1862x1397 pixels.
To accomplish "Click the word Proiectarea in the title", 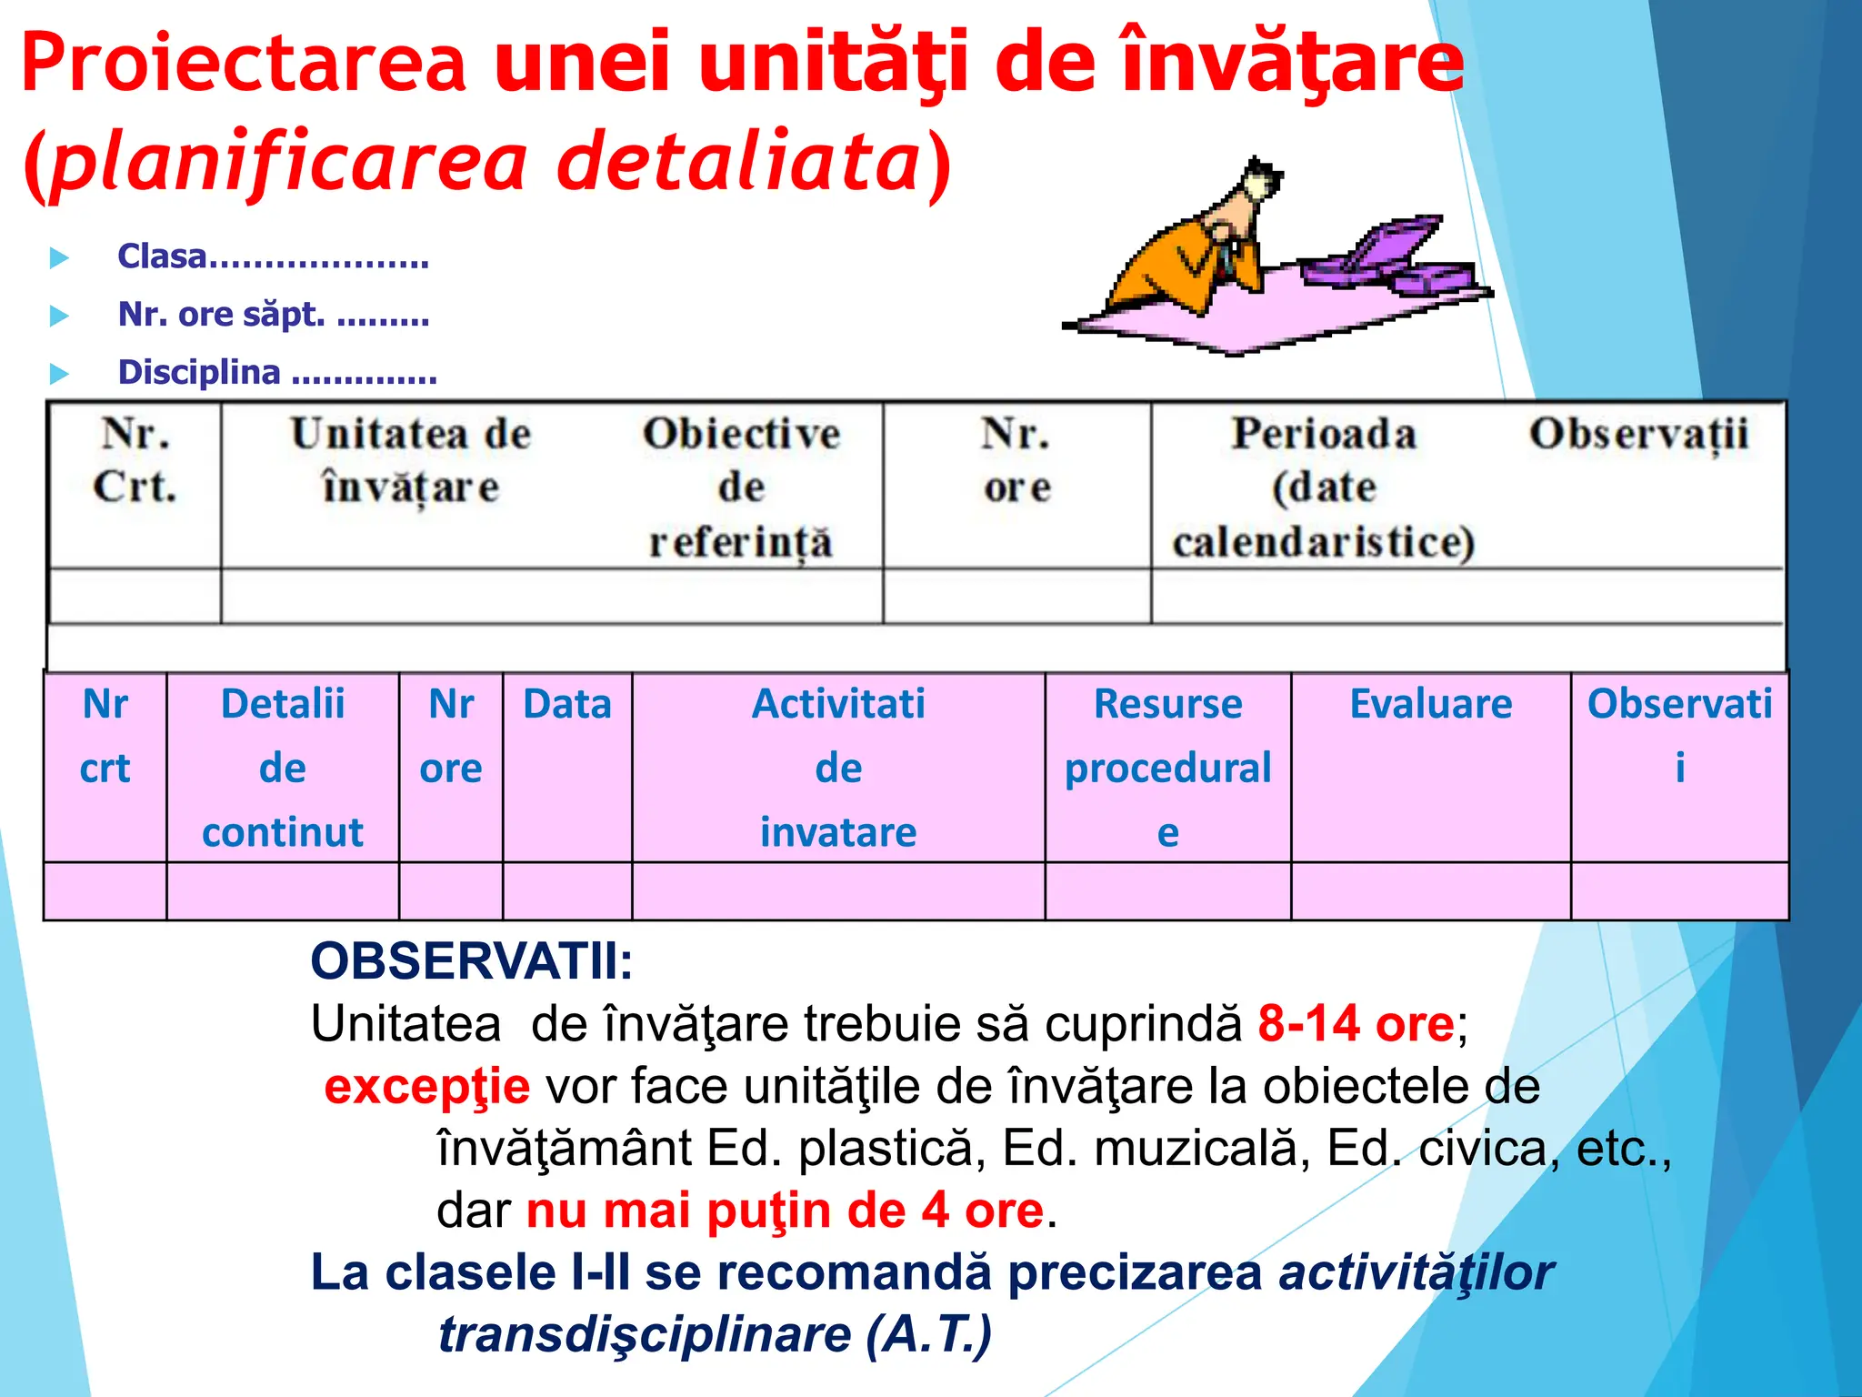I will [244, 64].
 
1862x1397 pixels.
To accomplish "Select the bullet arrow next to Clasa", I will [59, 258].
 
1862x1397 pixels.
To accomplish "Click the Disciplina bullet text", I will [277, 372].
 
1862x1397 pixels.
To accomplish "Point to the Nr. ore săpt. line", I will [273, 315].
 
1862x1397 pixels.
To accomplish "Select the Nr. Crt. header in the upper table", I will [135, 460].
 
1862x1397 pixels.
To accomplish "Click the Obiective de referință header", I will [741, 487].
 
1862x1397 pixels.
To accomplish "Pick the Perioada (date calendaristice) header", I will [1323, 487].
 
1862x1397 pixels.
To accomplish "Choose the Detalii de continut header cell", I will [283, 767].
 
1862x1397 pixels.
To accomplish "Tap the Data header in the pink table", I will [567, 705].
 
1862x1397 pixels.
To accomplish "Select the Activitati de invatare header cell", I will [838, 767].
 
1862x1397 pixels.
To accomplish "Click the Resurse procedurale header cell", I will [1167, 767].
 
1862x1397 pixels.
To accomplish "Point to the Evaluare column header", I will [1431, 705].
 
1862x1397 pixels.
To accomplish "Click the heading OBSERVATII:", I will [471, 961].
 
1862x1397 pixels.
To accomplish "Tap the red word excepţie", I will [427, 1087].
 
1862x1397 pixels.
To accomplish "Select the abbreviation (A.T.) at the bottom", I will [928, 1334].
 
